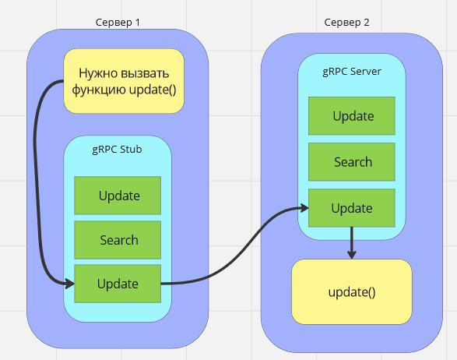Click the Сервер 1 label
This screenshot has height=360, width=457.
pos(118,22)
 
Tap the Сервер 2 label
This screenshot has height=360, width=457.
pos(346,22)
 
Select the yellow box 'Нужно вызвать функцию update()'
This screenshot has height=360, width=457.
pos(124,81)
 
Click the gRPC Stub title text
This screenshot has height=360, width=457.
pos(117,150)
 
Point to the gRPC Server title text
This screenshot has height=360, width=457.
pos(352,72)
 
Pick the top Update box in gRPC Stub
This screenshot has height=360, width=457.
pos(118,196)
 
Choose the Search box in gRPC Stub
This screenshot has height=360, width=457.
pos(118,240)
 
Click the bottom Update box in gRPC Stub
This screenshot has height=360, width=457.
pos(118,284)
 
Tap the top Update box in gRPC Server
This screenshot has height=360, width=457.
pos(352,116)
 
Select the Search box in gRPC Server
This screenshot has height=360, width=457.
pos(352,162)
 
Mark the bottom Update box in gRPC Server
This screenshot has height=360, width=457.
pos(352,208)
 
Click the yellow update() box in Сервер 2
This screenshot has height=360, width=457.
pos(352,291)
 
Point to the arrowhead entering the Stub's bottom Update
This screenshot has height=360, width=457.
pos(70,284)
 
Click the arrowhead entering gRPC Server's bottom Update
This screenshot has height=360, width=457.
pos(304,208)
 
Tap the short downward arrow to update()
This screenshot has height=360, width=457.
pos(352,243)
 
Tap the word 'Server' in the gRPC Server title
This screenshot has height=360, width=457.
pos(365,72)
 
